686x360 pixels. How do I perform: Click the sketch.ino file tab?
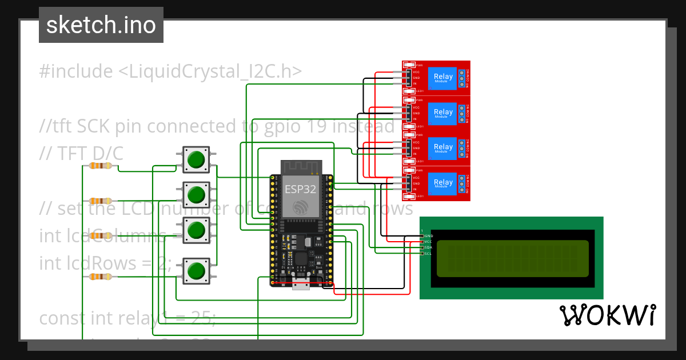click(101, 25)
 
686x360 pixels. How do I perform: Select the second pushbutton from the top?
click(196, 195)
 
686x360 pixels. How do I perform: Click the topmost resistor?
click(101, 166)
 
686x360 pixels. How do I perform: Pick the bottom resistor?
click(101, 277)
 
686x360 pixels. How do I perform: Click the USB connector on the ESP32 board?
click(301, 285)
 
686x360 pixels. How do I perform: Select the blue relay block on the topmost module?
click(443, 77)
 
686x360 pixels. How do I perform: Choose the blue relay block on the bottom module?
click(443, 183)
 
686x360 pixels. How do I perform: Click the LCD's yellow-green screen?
click(512, 258)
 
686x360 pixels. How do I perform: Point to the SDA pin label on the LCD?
click(428, 247)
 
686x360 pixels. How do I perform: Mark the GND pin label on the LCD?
click(428, 235)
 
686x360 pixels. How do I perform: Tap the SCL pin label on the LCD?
click(428, 253)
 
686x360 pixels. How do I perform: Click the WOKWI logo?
click(607, 315)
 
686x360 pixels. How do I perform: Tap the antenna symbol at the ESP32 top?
click(301, 167)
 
